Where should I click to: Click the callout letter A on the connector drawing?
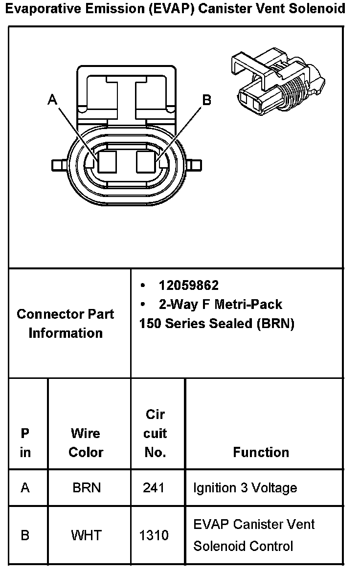click(52, 100)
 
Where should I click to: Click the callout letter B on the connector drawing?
click(207, 100)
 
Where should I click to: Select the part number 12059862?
click(188, 285)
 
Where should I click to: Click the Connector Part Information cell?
click(66, 323)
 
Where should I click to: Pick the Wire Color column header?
click(86, 442)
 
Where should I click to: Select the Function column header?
click(261, 452)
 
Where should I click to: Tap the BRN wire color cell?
click(86, 488)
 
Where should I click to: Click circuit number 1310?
click(154, 535)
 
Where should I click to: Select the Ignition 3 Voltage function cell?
click(245, 488)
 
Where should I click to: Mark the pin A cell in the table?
click(25, 488)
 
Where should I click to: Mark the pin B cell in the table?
click(25, 535)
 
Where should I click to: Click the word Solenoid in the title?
click(320, 8)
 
